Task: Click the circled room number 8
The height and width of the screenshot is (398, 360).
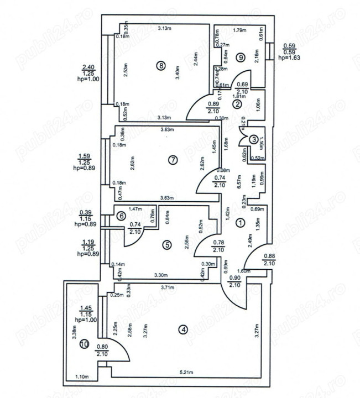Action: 160,66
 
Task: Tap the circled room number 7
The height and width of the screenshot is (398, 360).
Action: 173,160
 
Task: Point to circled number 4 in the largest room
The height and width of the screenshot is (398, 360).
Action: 184,330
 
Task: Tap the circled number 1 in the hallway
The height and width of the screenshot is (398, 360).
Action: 240,223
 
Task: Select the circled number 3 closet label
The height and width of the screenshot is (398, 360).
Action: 252,140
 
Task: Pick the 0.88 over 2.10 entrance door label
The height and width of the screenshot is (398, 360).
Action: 269,259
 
